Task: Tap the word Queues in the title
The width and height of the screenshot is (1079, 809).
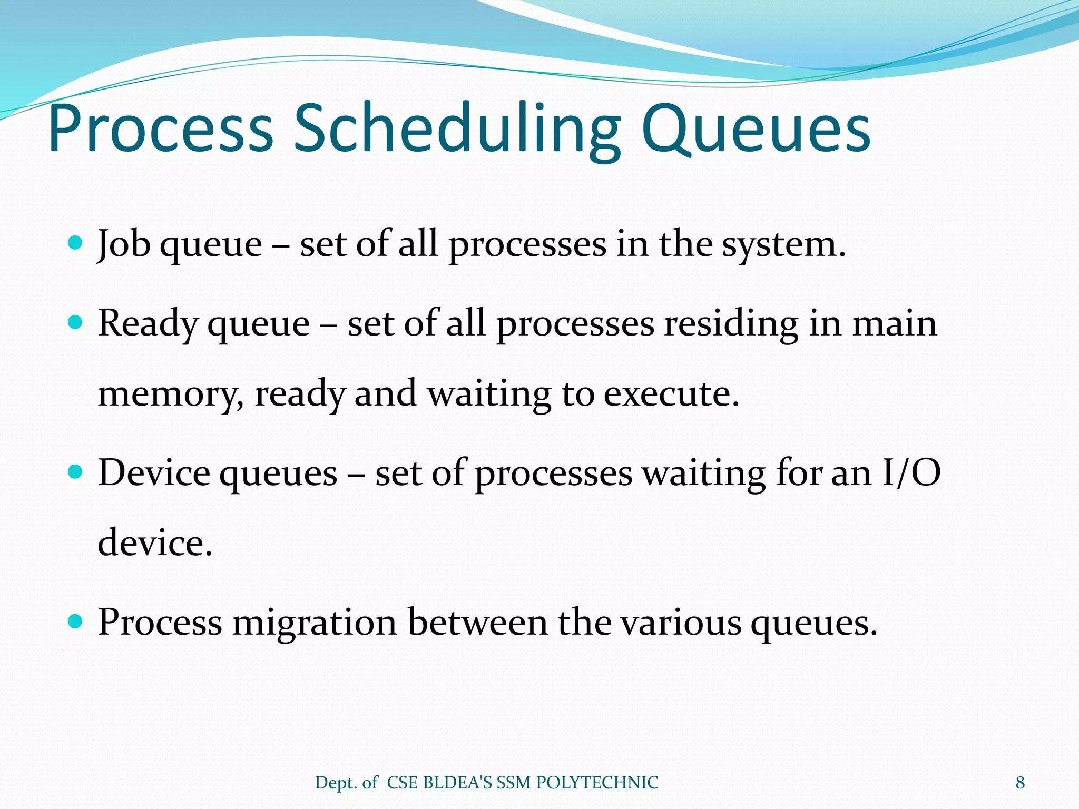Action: [x=756, y=130]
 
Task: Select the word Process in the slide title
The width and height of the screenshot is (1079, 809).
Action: [x=161, y=130]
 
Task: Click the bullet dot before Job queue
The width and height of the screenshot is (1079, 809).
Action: [x=76, y=243]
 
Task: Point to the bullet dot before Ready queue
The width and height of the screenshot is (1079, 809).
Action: [x=76, y=322]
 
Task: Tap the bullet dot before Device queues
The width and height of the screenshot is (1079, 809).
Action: [x=76, y=471]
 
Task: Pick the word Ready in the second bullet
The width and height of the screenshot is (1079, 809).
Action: [x=147, y=324]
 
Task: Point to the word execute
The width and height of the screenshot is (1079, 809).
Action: [x=671, y=394]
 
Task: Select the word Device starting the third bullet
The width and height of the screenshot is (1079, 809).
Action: [x=154, y=472]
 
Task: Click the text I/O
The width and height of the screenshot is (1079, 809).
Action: [x=911, y=472]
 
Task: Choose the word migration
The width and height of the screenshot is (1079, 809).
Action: [x=315, y=623]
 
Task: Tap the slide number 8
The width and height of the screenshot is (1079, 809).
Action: [x=1020, y=783]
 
